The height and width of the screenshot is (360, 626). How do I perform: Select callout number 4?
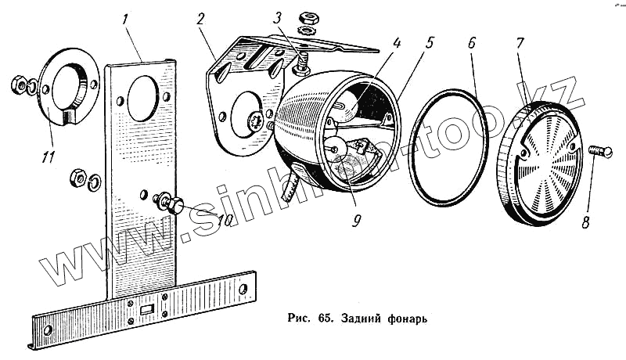point(398,43)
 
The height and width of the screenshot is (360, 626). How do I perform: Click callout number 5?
point(429,43)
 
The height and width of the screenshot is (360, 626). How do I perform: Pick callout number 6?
point(472,45)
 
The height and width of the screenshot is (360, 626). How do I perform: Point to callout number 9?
point(356,221)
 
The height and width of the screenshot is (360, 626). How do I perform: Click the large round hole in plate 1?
point(142,98)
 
